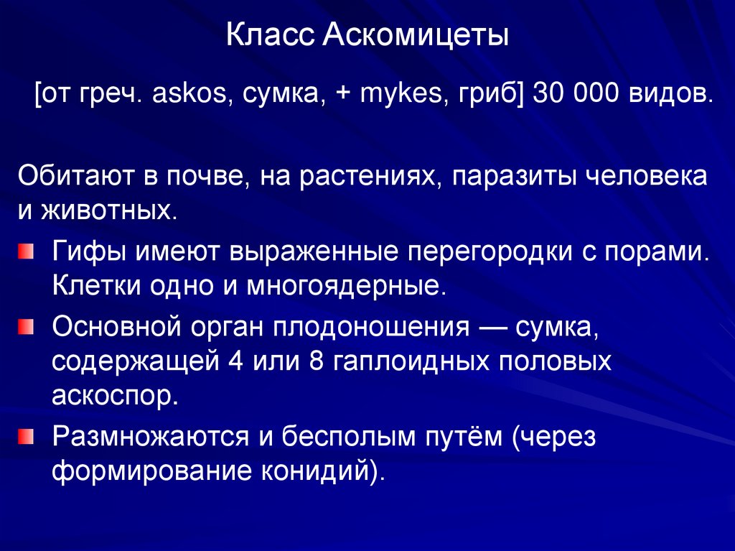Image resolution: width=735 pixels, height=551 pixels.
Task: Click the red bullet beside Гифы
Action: tap(26, 251)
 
